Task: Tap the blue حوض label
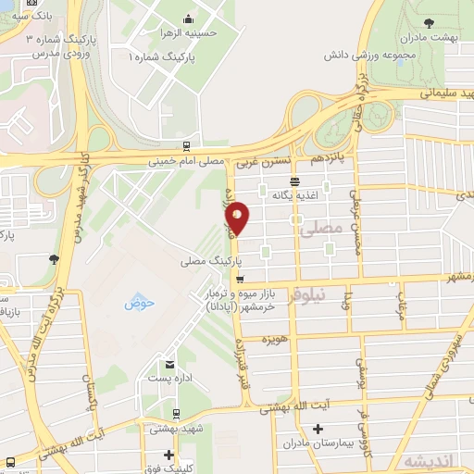[140, 303]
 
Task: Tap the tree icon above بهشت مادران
[430, 23]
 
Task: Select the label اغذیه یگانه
[294, 195]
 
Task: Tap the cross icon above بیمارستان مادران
[318, 430]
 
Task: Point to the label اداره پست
[169, 378]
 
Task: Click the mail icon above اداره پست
[169, 365]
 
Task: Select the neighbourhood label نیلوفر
[306, 297]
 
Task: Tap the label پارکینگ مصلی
[206, 263]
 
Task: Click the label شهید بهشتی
[174, 430]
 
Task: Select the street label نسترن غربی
[258, 162]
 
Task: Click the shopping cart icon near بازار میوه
[240, 279]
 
